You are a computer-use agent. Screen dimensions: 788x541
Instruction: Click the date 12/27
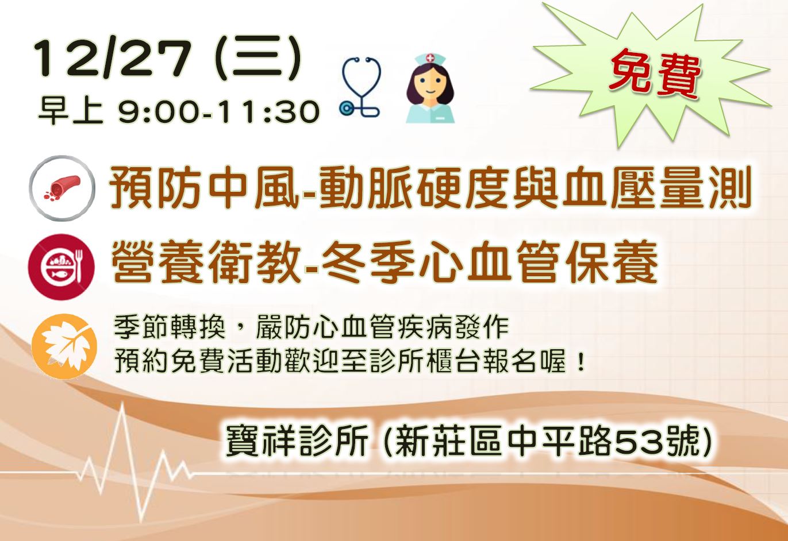(x=113, y=59)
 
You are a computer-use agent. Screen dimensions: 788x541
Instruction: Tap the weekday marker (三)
(x=257, y=59)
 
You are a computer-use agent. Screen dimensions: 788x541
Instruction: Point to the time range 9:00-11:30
(x=218, y=112)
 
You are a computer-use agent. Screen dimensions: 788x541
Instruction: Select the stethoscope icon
(x=360, y=86)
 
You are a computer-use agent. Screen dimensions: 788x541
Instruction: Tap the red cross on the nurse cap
(x=430, y=57)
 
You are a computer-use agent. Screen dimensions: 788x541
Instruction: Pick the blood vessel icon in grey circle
(x=62, y=188)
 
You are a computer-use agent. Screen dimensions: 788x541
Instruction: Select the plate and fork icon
(x=61, y=266)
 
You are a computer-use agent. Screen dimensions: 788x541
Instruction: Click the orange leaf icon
(x=64, y=346)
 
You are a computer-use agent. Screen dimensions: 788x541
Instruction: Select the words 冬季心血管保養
(x=489, y=261)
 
